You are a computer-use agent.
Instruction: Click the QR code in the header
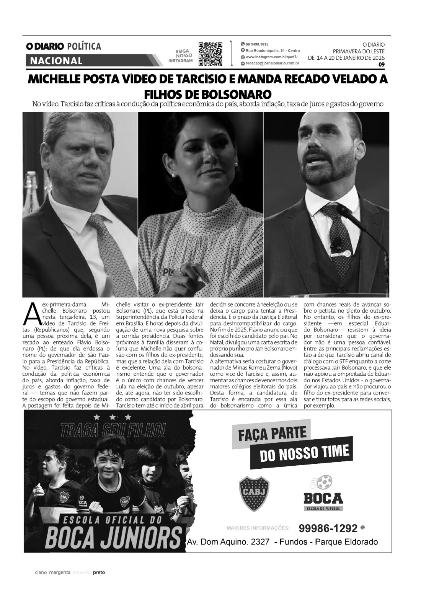[x=210, y=53]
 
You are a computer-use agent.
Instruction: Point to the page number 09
[x=381, y=65]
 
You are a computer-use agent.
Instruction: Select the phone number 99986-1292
[x=328, y=528]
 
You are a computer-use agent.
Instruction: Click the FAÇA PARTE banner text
[x=272, y=434]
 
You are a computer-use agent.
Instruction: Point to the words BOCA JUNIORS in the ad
[x=113, y=538]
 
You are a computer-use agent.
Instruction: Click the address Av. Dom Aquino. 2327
[x=228, y=542]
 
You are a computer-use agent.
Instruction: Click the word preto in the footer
[x=99, y=583]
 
